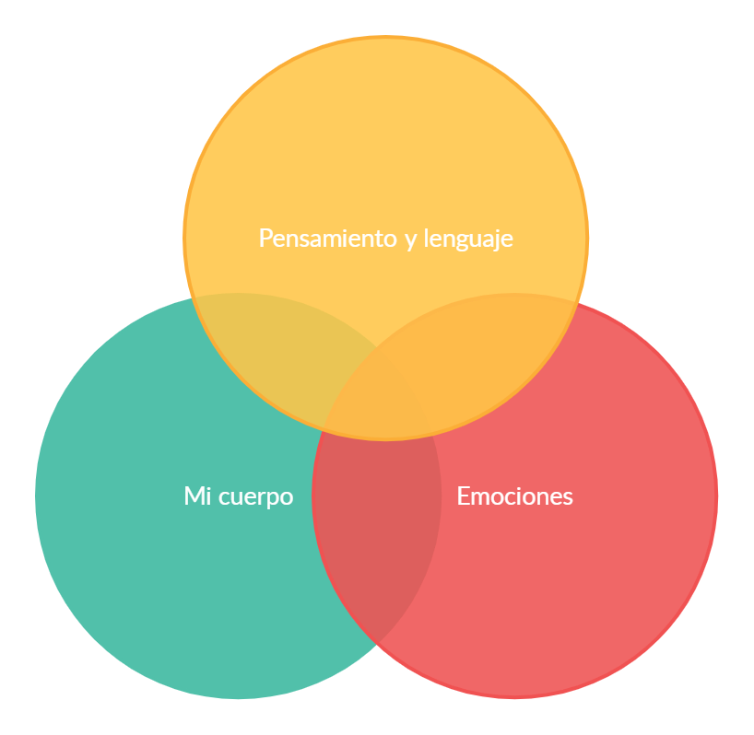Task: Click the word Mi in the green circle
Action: coord(196,496)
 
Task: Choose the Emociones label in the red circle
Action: coord(514,496)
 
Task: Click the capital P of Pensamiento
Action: coord(265,239)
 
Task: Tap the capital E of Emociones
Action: coord(463,496)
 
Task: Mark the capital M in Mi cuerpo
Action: coord(193,496)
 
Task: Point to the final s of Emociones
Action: coord(568,497)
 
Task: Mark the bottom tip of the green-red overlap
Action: coord(376,642)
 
